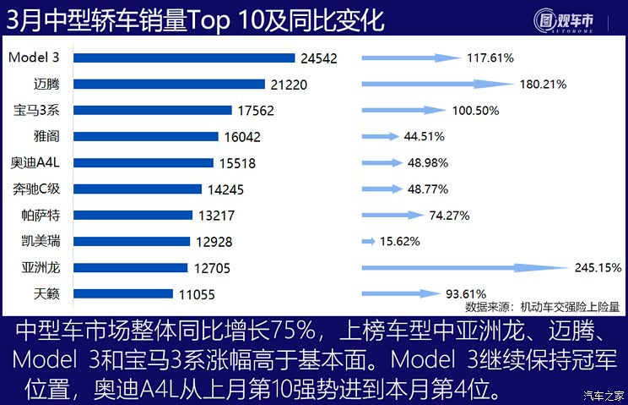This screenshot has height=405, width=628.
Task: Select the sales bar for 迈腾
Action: [170, 84]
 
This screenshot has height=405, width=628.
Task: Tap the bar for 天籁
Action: [127, 293]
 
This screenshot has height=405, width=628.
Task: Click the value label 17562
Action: [256, 111]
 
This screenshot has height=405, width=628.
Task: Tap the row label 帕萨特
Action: [43, 215]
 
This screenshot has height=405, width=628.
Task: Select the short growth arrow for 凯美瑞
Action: [368, 241]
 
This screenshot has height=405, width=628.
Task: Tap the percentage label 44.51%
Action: [424, 136]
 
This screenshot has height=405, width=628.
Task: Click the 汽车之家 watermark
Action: [604, 394]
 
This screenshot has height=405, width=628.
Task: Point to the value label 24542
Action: [319, 58]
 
